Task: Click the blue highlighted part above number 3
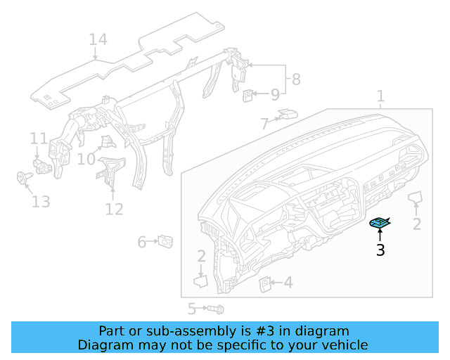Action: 380,224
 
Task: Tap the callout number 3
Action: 380,250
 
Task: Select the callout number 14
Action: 98,40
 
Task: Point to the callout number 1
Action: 380,96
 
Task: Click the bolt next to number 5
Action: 215,309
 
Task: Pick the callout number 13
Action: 41,202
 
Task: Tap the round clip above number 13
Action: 22,178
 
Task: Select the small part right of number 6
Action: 167,242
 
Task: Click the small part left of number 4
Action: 266,283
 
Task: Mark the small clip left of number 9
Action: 249,94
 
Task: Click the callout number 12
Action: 114,209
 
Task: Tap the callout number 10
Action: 86,160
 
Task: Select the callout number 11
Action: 38,138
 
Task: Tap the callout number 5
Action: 191,309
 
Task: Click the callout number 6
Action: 141,242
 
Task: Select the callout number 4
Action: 288,283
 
